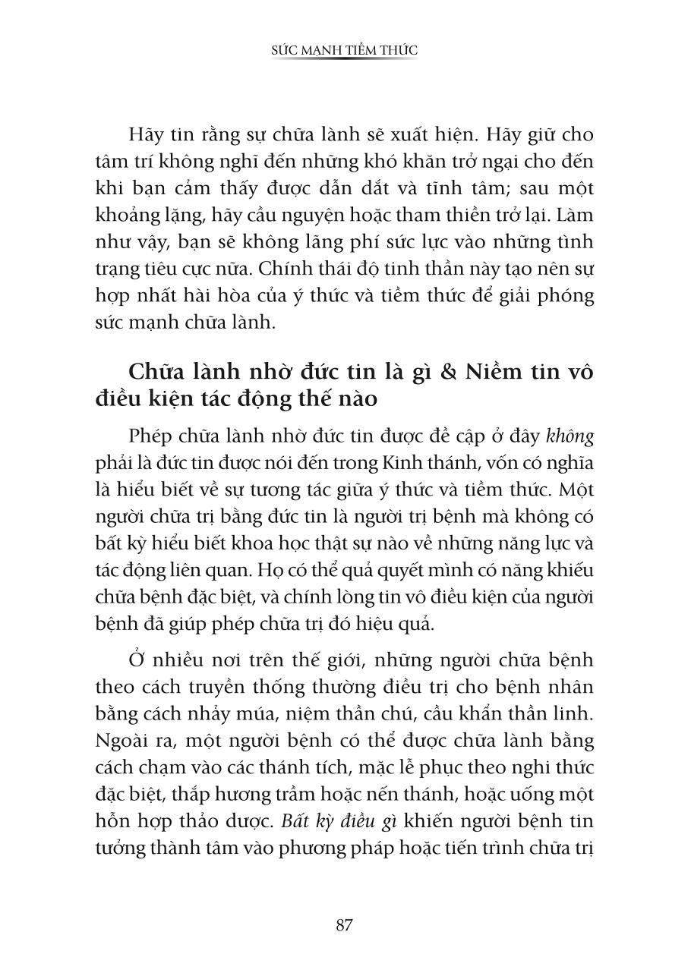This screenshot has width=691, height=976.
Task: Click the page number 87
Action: tap(345, 925)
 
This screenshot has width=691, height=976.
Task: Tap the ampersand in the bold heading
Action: tap(446, 373)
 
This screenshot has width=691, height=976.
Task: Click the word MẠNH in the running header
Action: tap(320, 50)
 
